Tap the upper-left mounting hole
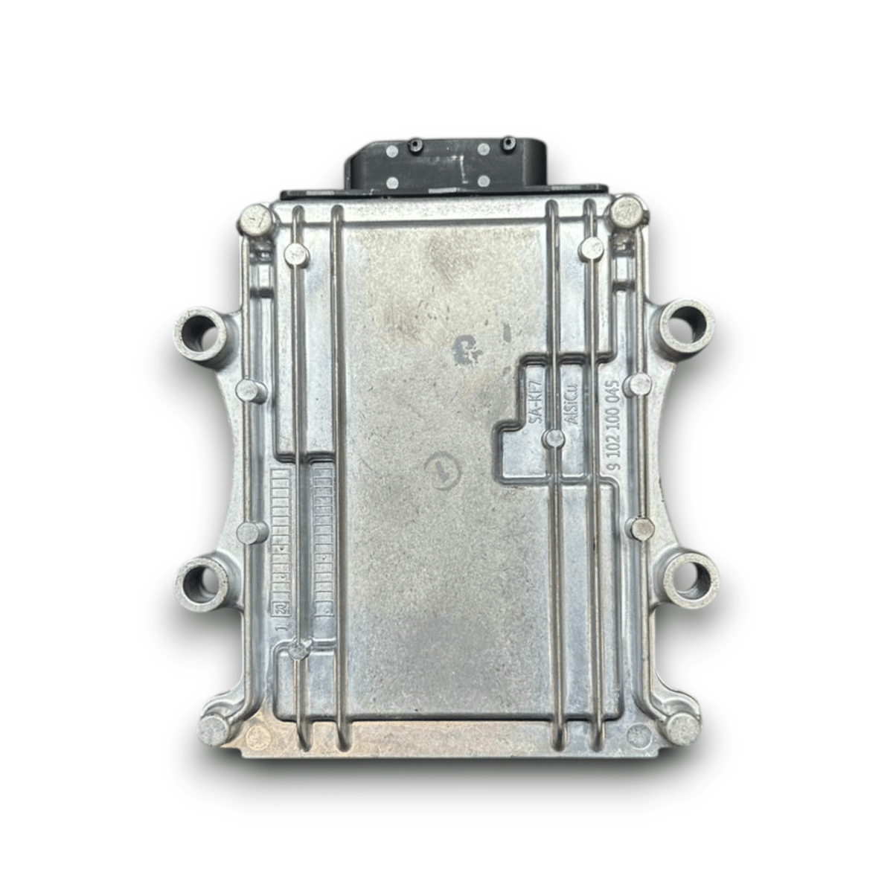pos(200,330)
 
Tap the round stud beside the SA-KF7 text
pos(551,438)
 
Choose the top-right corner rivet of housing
pos(626,211)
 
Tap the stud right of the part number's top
pos(638,384)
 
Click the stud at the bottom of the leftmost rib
pos(299,650)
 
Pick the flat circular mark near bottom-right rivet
pos(636,735)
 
